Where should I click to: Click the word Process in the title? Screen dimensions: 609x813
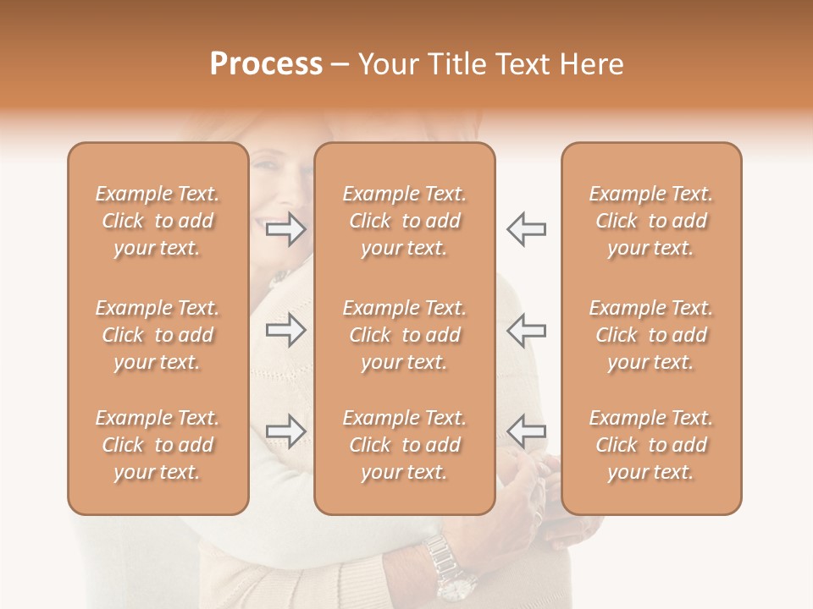(266, 64)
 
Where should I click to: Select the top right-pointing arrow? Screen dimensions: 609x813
(285, 229)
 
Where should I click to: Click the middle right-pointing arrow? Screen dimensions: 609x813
(285, 329)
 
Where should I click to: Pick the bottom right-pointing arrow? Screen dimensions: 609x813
(285, 431)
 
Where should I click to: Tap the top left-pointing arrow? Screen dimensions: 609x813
(526, 229)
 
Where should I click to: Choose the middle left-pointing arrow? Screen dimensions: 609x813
(526, 329)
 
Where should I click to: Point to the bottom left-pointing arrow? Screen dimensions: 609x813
(526, 431)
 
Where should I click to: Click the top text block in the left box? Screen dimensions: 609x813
(158, 221)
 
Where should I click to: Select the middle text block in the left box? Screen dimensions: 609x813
(158, 335)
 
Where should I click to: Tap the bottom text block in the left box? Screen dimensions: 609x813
(158, 445)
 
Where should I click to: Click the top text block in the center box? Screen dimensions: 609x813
(405, 221)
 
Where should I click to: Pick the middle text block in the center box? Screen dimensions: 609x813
(405, 335)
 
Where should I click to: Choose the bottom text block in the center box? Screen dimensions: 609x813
(405, 445)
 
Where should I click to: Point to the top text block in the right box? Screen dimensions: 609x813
(651, 221)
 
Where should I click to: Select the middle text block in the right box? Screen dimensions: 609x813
(651, 335)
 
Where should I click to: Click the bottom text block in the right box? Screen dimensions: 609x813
(651, 445)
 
